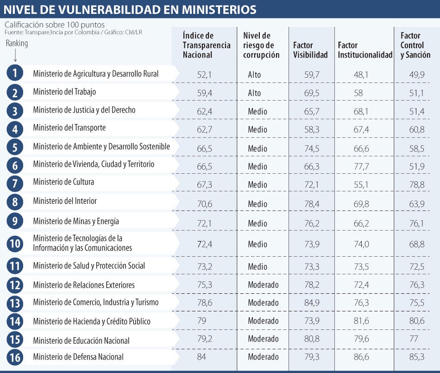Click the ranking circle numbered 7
click(15, 183)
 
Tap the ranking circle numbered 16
click(15, 357)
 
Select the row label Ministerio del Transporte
click(69, 128)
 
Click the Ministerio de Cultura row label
click(63, 182)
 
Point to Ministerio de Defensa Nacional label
click(78, 357)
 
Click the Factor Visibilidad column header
click(310, 50)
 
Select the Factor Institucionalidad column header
click(365, 50)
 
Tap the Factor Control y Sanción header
click(415, 45)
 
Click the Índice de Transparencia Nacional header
click(207, 45)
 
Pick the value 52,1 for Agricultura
click(204, 75)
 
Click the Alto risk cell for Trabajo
click(254, 93)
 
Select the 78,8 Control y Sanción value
click(417, 185)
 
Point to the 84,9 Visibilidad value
click(312, 303)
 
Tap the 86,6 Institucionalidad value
click(361, 357)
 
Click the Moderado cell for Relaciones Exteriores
click(263, 285)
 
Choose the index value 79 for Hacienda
click(201, 321)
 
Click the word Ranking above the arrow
click(17, 43)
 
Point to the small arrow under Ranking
click(15, 55)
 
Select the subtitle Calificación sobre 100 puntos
click(55, 25)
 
